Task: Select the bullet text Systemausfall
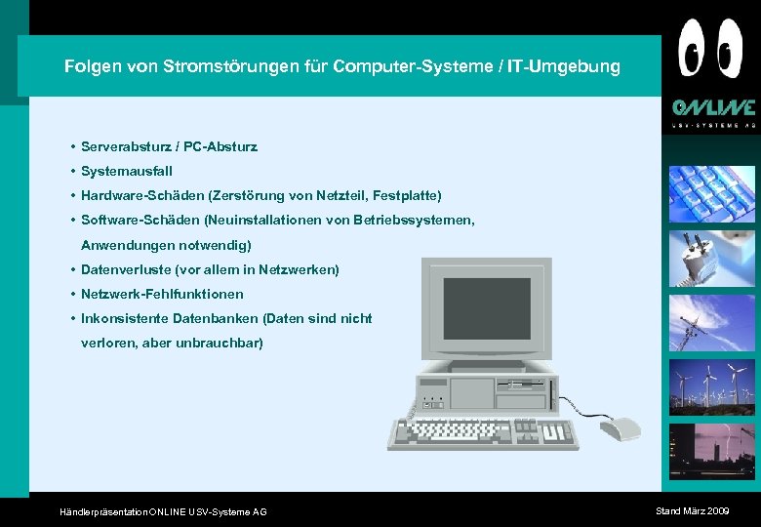pyautogui.click(x=127, y=171)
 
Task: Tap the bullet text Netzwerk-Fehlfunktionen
pyautogui.click(x=162, y=294)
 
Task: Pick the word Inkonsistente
pyautogui.click(x=125, y=318)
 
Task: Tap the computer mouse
pyautogui.click(x=620, y=428)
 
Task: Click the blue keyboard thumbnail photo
pyautogui.click(x=711, y=195)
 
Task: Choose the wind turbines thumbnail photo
pyautogui.click(x=711, y=387)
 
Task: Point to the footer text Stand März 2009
pyautogui.click(x=692, y=510)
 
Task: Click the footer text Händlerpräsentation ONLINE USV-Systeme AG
pyautogui.click(x=163, y=511)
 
